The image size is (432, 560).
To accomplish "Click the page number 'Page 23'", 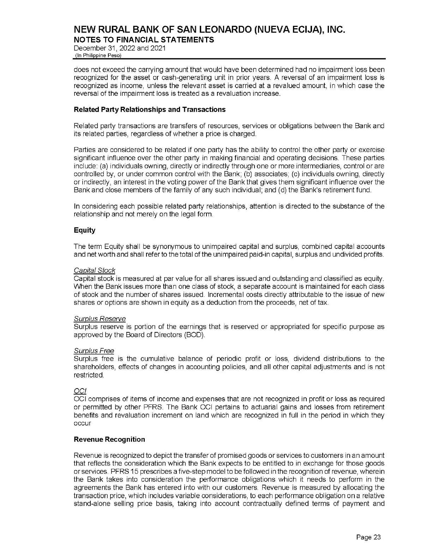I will [368, 537].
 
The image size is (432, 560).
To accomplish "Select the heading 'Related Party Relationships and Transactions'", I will [149, 110].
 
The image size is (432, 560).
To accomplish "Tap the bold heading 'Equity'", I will [84, 230].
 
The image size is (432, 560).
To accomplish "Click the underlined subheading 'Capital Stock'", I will [94, 270].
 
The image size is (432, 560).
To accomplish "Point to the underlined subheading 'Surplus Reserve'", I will [100, 319].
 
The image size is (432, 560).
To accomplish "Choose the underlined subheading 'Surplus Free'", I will [94, 351].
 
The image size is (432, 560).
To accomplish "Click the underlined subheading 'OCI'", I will [80, 391].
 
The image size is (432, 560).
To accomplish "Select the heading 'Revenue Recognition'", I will [109, 439].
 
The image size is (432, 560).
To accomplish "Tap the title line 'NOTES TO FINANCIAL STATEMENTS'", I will [144, 40].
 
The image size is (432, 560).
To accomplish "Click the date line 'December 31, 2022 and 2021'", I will [119, 48].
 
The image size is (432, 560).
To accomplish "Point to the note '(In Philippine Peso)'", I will [97, 56].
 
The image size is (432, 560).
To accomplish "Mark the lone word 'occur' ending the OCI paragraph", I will [82, 423].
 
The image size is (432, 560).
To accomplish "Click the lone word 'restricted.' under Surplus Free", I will [89, 375].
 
